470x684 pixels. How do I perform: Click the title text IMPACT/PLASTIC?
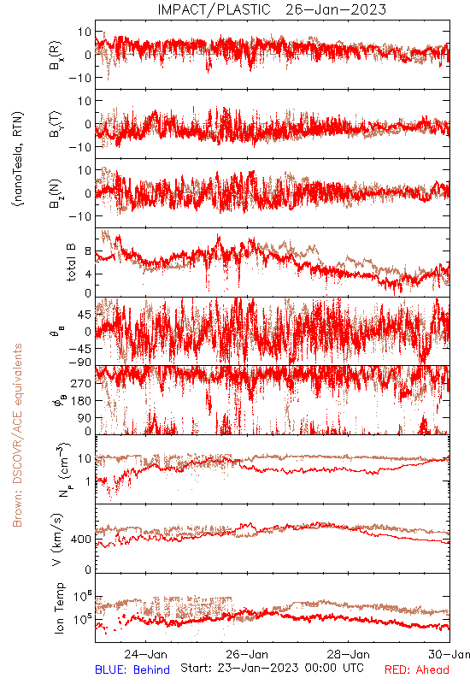(x=214, y=9)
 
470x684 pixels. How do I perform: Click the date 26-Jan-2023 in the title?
(x=336, y=9)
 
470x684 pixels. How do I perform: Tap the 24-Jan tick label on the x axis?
(x=145, y=654)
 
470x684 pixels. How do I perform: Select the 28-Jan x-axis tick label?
(x=349, y=654)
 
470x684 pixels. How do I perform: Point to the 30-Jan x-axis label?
(x=449, y=654)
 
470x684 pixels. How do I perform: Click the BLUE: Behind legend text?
(x=132, y=669)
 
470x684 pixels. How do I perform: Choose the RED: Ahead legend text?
(x=416, y=669)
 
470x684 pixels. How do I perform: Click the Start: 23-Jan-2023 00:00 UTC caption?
(x=272, y=668)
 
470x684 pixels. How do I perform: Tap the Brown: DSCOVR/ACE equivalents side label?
(x=17, y=435)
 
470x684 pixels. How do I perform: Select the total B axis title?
(x=71, y=262)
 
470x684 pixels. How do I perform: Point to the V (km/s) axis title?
(x=57, y=540)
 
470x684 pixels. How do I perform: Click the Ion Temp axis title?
(x=59, y=608)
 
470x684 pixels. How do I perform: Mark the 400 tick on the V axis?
(x=81, y=540)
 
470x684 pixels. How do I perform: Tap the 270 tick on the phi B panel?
(x=81, y=383)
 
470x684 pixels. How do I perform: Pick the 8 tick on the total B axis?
(x=88, y=251)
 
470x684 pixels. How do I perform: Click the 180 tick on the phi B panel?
(x=81, y=400)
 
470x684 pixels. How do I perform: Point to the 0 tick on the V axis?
(x=88, y=569)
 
